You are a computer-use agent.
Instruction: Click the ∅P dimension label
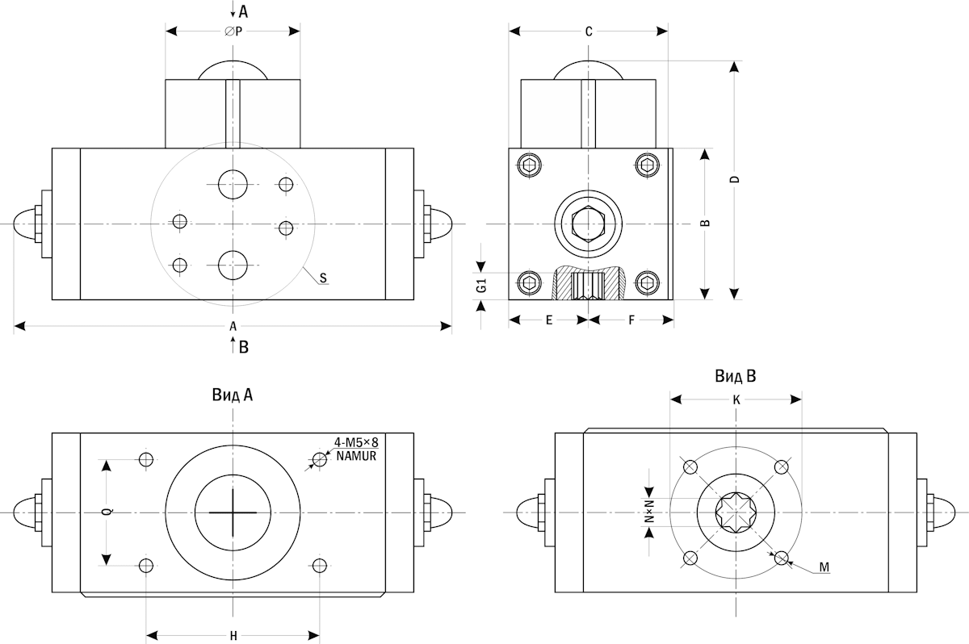tap(233, 31)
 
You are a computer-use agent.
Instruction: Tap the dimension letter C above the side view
tap(589, 31)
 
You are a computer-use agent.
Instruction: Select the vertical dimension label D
tap(735, 179)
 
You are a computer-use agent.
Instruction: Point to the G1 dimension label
tap(480, 286)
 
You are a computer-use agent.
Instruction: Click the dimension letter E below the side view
tap(549, 320)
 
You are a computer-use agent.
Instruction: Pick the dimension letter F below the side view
tap(631, 320)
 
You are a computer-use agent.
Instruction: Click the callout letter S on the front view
tap(323, 278)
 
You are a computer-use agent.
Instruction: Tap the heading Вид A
tap(233, 395)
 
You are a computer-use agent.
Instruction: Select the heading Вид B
tap(735, 376)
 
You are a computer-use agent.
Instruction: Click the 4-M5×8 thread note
tap(356, 442)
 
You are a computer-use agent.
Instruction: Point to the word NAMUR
tap(356, 456)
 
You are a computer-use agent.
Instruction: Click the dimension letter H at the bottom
tap(233, 636)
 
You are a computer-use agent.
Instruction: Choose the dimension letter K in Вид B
tap(736, 399)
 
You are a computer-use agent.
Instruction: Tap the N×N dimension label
tap(649, 512)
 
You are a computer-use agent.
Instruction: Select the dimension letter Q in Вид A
tap(106, 512)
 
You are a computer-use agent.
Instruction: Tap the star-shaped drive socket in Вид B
tap(736, 512)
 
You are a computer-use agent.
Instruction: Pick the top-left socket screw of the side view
tap(529, 165)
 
